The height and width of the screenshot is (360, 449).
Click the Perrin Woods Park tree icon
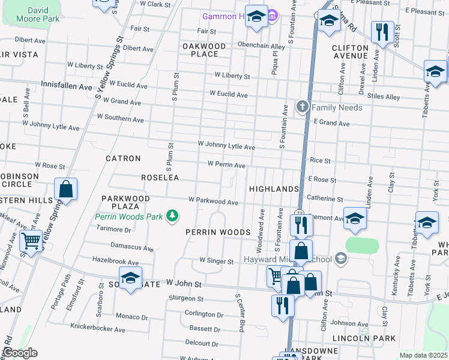[173, 215]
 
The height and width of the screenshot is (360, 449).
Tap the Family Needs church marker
[303, 107]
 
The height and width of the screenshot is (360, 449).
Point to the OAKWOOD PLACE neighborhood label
[205, 50]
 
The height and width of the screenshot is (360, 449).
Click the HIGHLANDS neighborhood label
[274, 189]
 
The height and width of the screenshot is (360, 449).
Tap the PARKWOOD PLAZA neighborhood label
[125, 202]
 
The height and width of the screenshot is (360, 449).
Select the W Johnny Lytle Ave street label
[226, 146]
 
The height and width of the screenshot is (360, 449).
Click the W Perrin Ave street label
[226, 164]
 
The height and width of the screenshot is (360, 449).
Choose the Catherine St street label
[324, 198]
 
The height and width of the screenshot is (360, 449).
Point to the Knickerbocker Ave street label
[98, 329]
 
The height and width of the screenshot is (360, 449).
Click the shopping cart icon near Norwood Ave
[30, 242]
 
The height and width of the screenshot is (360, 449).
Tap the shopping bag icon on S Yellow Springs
[66, 189]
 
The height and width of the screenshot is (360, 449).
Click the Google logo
[19, 353]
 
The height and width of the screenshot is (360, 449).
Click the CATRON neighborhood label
[123, 158]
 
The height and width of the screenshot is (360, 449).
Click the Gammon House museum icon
[271, 16]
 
